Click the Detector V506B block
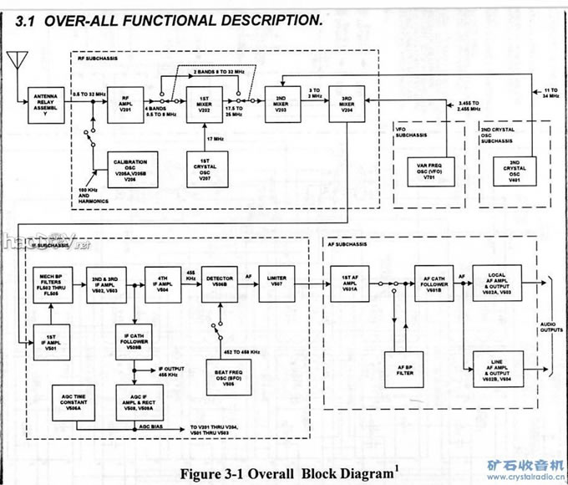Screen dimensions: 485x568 (219, 284)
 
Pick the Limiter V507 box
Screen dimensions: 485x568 (277, 284)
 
